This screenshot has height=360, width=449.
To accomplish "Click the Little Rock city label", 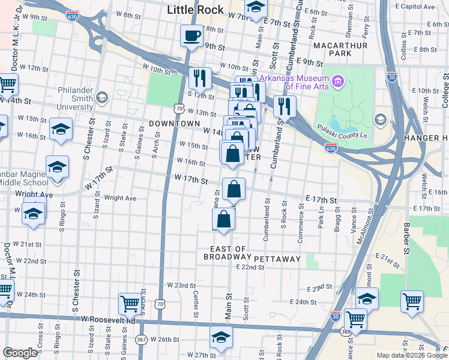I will tap(195, 10).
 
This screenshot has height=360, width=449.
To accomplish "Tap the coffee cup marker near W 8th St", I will tap(191, 36).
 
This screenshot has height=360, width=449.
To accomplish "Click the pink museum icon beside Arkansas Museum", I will tap(338, 81).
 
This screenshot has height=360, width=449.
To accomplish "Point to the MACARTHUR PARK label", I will tap(352, 49).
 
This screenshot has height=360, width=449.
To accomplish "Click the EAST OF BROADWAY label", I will tap(229, 253).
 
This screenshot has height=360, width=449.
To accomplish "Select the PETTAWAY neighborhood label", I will tap(277, 259).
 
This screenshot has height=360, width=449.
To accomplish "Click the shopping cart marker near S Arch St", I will tap(130, 304).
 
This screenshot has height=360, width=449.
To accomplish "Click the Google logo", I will tap(20, 353).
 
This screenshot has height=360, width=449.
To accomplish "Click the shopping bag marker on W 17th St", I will tap(234, 190).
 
